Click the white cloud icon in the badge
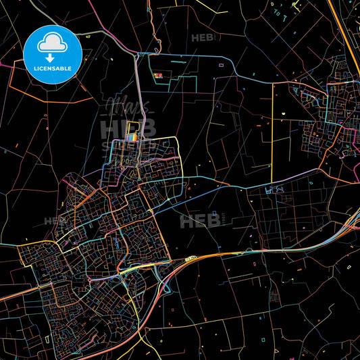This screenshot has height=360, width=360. tap(52, 42)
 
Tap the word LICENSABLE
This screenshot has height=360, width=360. tap(52, 69)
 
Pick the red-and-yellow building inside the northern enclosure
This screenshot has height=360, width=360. tap(160, 76)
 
